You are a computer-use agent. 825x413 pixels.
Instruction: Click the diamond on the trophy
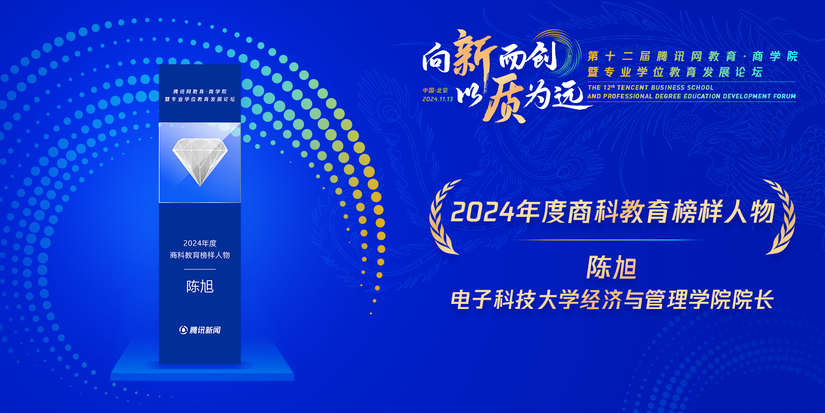coord(200,162)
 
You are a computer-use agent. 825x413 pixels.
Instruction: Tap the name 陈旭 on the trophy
coord(200,287)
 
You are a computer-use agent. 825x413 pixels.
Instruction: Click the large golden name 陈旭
coord(612,267)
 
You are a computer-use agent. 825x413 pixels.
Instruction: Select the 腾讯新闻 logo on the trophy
coord(200,330)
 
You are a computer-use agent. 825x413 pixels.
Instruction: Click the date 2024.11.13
coord(437,99)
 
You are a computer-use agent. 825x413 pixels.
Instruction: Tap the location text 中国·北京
coord(435,90)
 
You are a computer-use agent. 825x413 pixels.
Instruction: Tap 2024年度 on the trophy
coord(200,243)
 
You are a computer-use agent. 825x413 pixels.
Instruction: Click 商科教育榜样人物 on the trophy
coord(200,255)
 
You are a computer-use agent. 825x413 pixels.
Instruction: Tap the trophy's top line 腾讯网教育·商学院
coord(200,91)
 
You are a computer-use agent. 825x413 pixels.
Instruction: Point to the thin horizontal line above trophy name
coord(200,269)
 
